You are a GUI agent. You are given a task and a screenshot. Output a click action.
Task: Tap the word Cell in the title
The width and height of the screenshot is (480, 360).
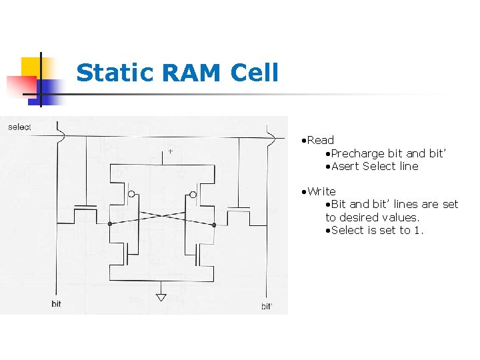click(x=255, y=73)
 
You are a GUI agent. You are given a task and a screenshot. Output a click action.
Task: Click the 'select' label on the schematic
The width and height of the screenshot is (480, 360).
click(x=19, y=127)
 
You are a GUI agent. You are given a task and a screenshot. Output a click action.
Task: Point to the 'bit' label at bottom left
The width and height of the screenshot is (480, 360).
click(x=56, y=304)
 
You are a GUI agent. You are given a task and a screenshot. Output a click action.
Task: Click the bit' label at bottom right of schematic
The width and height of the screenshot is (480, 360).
click(x=266, y=307)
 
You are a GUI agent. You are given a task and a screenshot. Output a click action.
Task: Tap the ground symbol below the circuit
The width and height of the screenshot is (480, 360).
click(x=161, y=297)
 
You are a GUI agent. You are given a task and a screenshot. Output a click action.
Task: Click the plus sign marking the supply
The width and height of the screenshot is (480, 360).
click(x=170, y=152)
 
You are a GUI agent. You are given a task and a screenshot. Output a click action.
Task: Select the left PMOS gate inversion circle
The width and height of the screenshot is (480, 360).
click(x=131, y=195)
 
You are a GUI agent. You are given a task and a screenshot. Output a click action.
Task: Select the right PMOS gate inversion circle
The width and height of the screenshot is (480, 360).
click(x=193, y=195)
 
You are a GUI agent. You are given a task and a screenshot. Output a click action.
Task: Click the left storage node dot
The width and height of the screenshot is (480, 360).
click(x=110, y=224)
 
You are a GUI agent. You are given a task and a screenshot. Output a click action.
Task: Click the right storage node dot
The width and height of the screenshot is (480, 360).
click(x=214, y=225)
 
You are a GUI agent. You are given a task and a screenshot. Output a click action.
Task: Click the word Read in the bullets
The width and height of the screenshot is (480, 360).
click(x=321, y=140)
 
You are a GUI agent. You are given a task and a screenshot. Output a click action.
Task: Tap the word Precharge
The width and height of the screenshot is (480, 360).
click(x=358, y=153)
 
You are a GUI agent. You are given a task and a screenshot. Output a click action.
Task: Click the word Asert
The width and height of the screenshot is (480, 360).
click(x=345, y=166)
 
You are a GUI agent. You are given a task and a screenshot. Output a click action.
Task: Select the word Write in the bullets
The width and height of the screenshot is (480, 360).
click(x=321, y=191)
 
